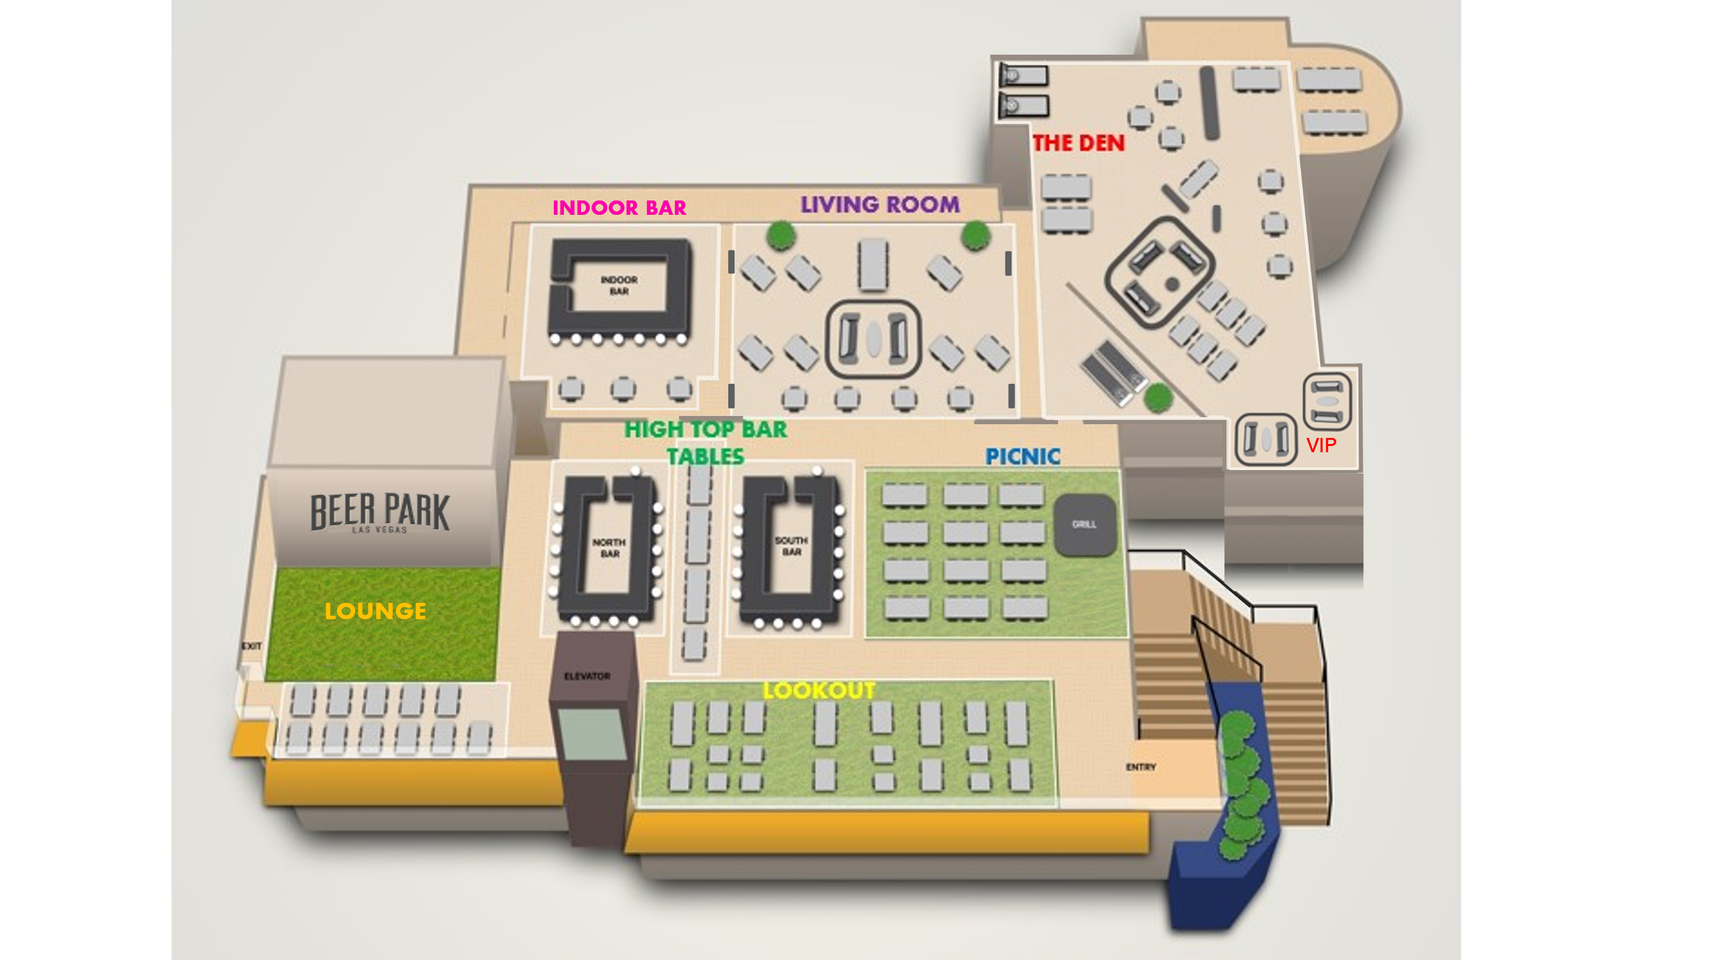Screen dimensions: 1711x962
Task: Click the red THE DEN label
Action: click(1078, 143)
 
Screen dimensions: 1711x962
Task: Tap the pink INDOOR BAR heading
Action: click(619, 208)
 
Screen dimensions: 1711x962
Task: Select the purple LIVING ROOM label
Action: click(880, 205)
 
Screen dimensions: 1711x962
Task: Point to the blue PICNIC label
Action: click(1022, 456)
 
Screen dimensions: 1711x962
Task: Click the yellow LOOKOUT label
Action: click(819, 690)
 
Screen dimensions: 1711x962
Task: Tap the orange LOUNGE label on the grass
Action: click(375, 611)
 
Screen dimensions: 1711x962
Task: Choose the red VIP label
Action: click(1321, 445)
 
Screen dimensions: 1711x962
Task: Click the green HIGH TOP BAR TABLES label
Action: click(706, 442)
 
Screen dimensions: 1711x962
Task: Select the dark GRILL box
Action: click(1085, 525)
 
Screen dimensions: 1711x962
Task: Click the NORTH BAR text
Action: click(609, 548)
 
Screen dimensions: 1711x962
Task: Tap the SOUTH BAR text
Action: click(791, 546)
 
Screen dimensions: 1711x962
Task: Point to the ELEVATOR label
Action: click(587, 677)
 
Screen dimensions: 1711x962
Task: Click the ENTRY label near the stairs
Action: click(1141, 767)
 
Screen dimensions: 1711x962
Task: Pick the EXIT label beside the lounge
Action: click(252, 646)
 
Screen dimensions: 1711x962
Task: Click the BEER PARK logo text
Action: click(380, 512)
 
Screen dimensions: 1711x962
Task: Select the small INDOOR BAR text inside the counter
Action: click(619, 285)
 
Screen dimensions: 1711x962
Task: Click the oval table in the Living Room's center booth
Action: click(873, 338)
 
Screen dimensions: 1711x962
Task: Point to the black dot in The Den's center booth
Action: click(1172, 283)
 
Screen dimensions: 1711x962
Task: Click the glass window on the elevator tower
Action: click(591, 734)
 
